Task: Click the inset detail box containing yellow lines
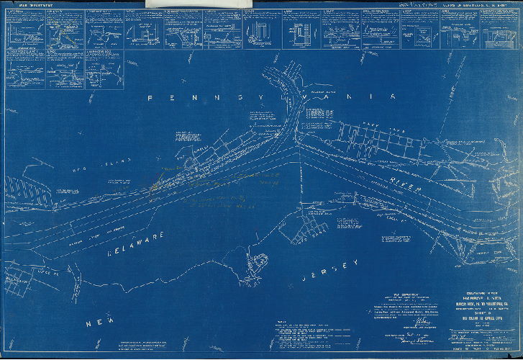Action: coord(65,29)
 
